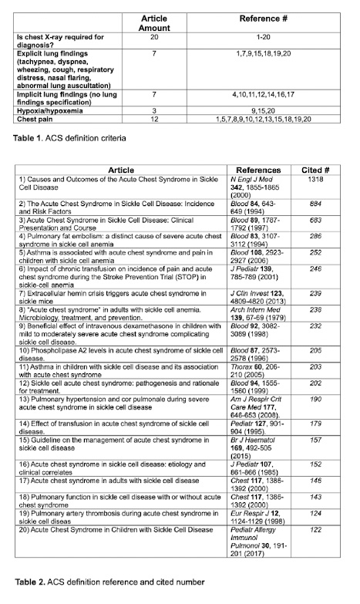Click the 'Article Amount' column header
[154, 22]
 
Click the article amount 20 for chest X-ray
[154, 36]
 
